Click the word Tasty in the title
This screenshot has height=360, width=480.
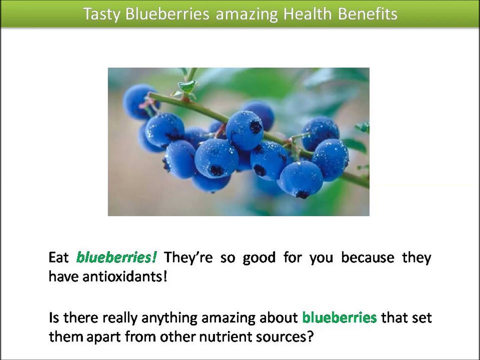click(102, 14)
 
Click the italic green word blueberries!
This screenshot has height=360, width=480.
click(116, 257)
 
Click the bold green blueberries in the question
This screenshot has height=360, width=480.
click(339, 317)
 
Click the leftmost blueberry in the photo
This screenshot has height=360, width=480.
click(138, 102)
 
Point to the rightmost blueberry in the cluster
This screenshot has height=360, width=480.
click(330, 159)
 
